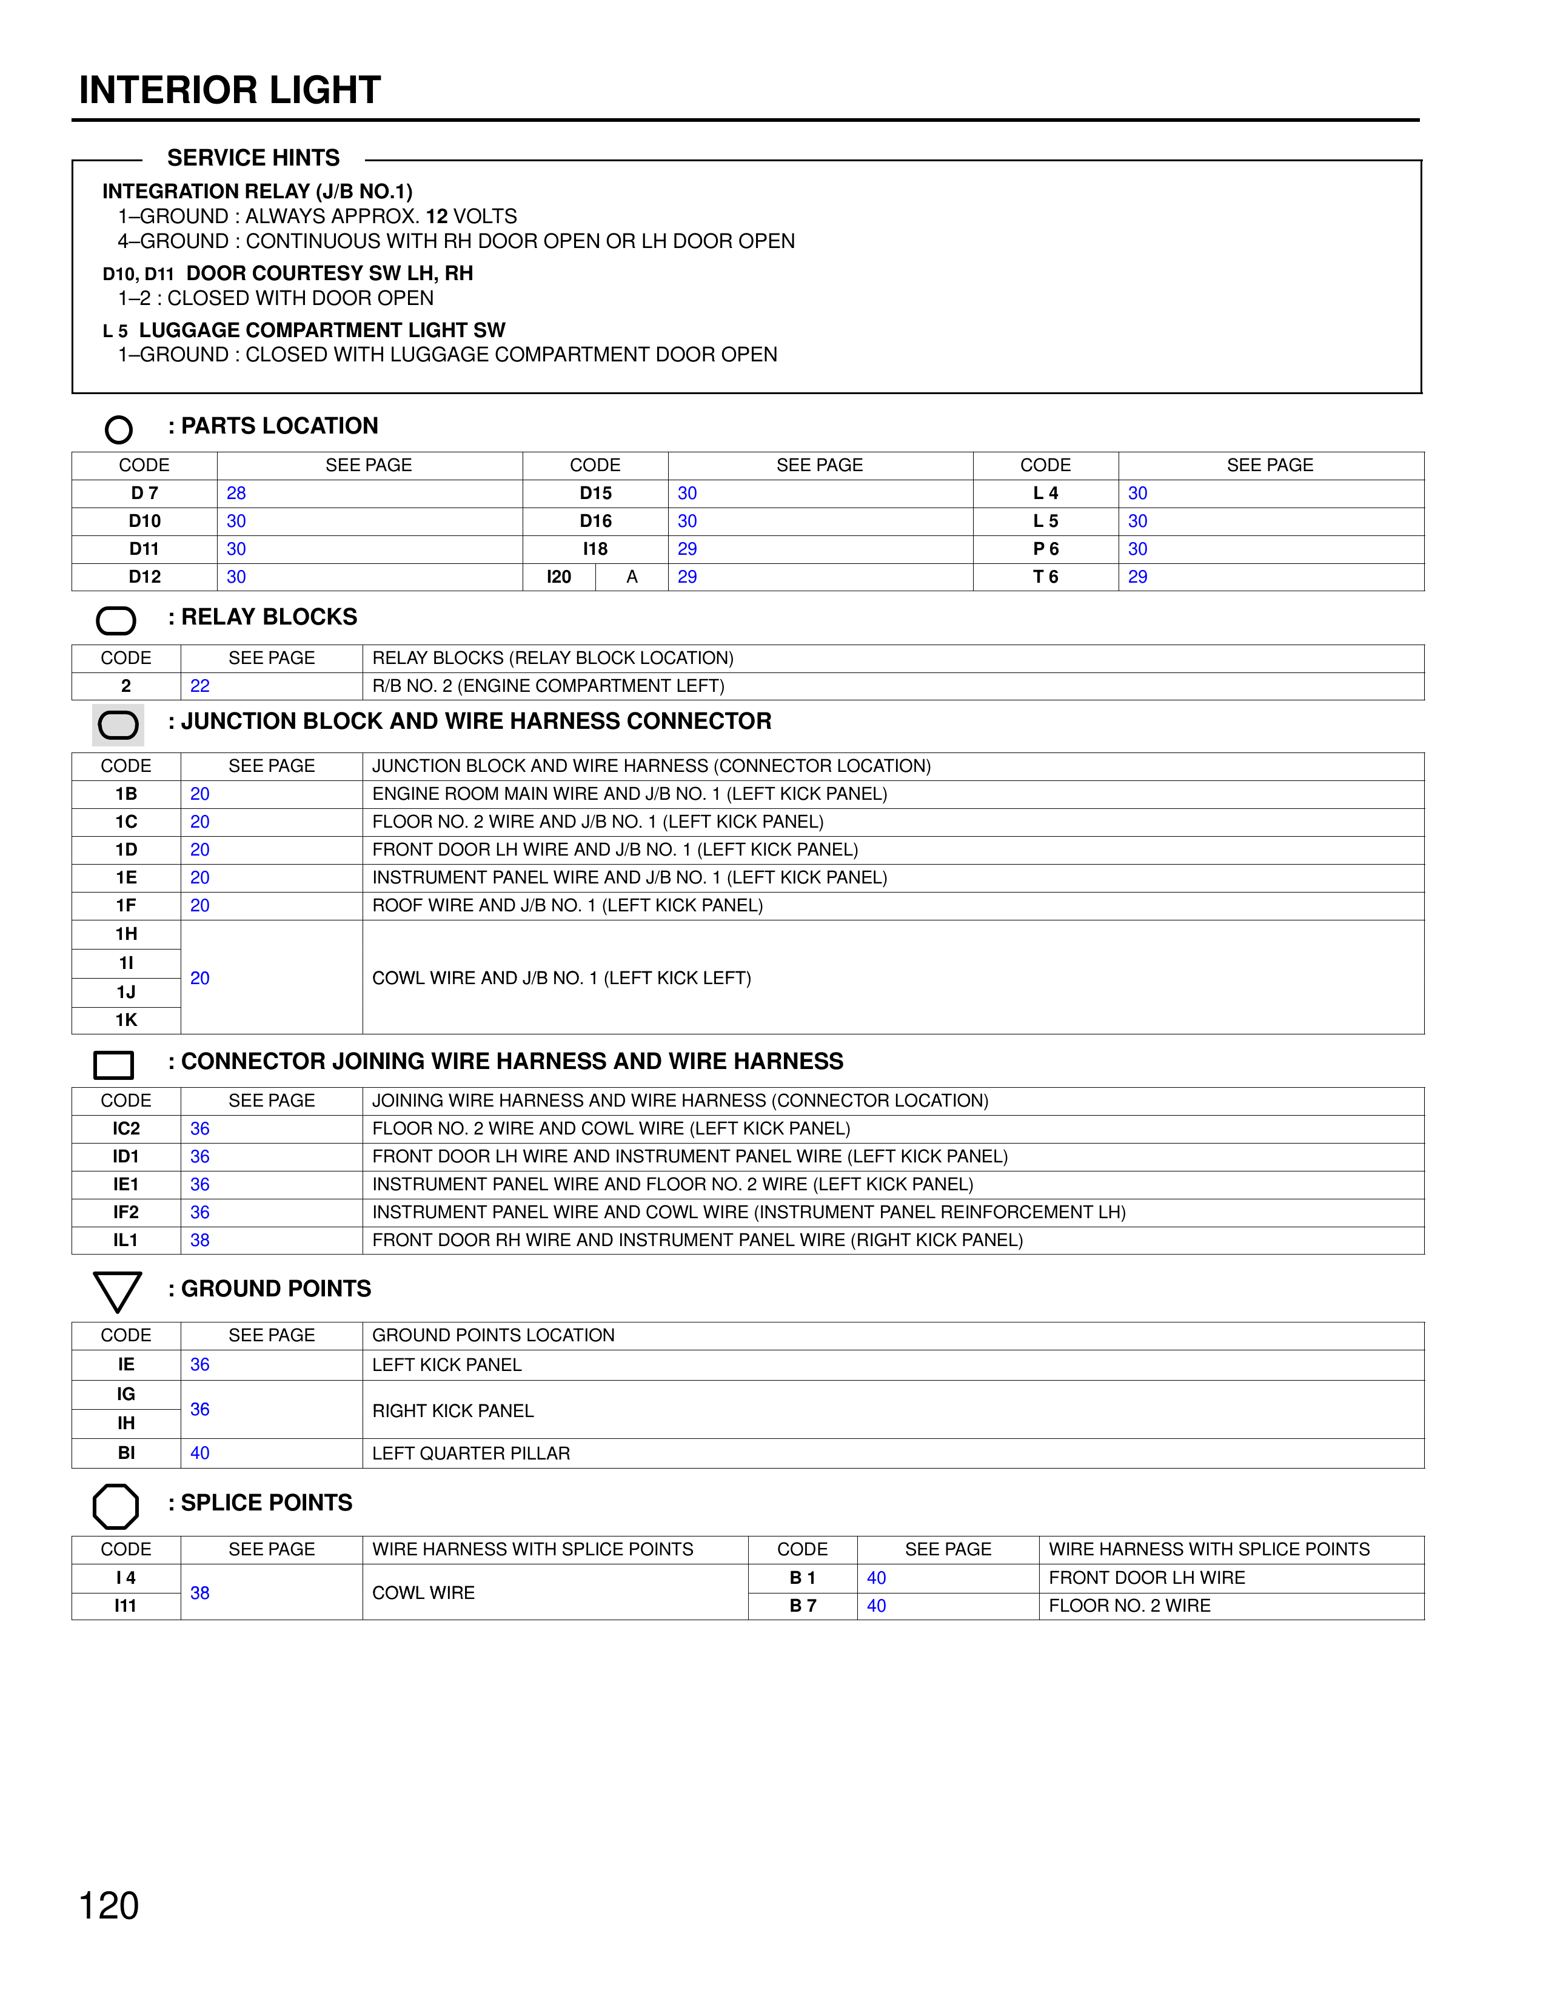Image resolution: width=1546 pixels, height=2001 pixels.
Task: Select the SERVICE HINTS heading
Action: tap(253, 158)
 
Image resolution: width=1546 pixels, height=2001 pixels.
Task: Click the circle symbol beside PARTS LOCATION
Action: tap(118, 429)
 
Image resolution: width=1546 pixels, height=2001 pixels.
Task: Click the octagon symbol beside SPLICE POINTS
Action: tap(116, 1506)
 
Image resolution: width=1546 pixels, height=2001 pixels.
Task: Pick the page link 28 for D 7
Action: tap(236, 493)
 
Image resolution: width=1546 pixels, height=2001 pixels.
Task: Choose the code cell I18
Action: tap(595, 549)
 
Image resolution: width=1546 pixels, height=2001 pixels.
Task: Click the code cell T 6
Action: tap(1045, 576)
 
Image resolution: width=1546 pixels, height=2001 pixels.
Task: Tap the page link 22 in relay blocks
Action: tap(199, 685)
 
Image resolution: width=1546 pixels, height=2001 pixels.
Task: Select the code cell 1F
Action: tap(126, 905)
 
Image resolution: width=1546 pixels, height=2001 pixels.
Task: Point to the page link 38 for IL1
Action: tap(199, 1239)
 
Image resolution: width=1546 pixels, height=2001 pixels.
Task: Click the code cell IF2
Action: tap(126, 1212)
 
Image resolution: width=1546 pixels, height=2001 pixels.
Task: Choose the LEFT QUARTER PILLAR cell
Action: tap(470, 1453)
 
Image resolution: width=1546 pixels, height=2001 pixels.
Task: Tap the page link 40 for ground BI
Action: tap(199, 1453)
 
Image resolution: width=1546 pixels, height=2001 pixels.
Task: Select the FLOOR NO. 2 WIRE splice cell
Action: tap(1129, 1605)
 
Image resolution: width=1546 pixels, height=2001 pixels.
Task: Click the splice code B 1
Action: tap(802, 1578)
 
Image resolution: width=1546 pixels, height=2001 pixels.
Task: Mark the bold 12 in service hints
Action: tap(437, 216)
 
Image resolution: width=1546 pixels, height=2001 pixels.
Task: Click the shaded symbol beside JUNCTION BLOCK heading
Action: tap(118, 725)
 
